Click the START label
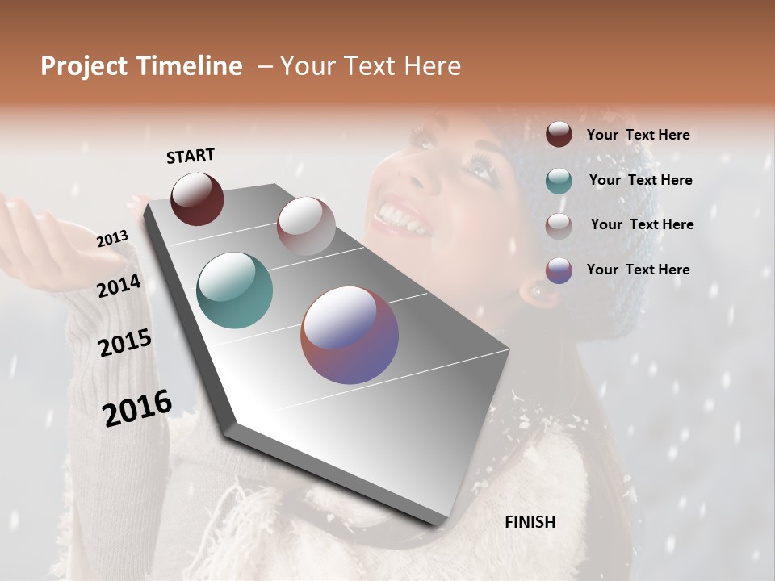click(x=191, y=156)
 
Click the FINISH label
click(x=530, y=522)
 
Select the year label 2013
click(x=112, y=239)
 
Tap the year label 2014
click(x=119, y=286)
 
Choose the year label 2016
click(x=137, y=408)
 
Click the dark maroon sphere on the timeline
click(x=197, y=199)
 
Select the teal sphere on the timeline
click(x=234, y=290)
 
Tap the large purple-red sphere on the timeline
click(x=350, y=335)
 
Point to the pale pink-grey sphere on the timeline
click(x=306, y=226)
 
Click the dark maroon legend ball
click(x=559, y=135)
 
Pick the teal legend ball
click(x=559, y=181)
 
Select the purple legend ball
click(x=559, y=270)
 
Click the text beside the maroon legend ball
click(x=638, y=136)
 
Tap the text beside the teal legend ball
click(x=640, y=180)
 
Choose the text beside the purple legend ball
click(x=638, y=270)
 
